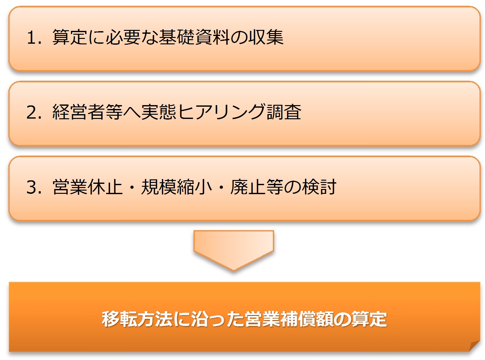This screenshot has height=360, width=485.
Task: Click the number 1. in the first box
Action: click(34, 37)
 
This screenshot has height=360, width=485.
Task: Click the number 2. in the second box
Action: click(34, 112)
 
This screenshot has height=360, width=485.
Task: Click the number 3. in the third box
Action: click(34, 187)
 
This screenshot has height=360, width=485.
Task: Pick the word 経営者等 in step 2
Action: click(88, 112)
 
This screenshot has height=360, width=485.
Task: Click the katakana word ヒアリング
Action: click(221, 112)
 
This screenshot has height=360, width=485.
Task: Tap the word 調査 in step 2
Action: click(284, 112)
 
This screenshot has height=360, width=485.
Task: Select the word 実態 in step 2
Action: click(159, 112)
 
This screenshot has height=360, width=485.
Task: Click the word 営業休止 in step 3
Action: click(88, 187)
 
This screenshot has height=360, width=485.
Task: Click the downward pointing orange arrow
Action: click(234, 250)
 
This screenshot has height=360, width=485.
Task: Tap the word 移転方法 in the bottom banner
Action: click(137, 319)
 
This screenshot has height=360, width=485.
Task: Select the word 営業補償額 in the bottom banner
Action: click(289, 319)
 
